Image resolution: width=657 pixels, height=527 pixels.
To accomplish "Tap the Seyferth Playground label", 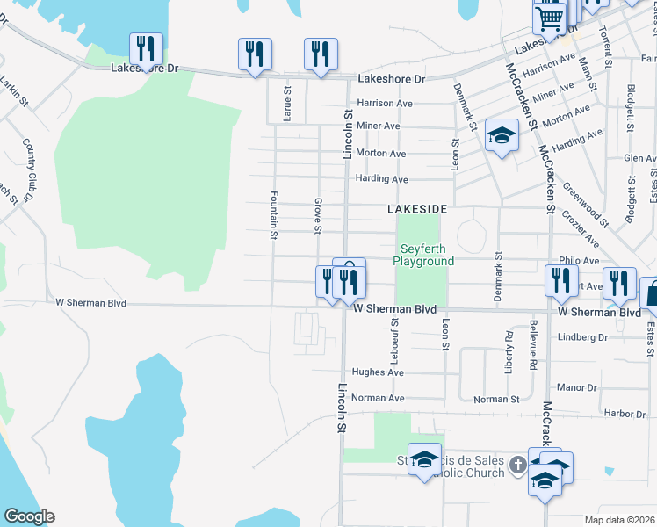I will tap(423, 256).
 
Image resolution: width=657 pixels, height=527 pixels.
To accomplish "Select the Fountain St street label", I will tap(274, 216).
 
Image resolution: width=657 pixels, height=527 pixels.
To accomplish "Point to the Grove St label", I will tap(317, 216).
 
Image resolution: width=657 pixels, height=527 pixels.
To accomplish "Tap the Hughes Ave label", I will tap(377, 372).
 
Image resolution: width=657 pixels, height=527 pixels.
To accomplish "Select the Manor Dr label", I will tap(576, 387).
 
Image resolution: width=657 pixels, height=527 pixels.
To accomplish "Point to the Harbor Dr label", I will tap(625, 413).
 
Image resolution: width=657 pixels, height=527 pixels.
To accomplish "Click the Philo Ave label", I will tap(578, 261).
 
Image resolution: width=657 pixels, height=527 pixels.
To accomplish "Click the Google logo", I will tap(29, 516).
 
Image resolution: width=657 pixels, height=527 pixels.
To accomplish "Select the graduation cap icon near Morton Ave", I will tap(502, 135).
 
